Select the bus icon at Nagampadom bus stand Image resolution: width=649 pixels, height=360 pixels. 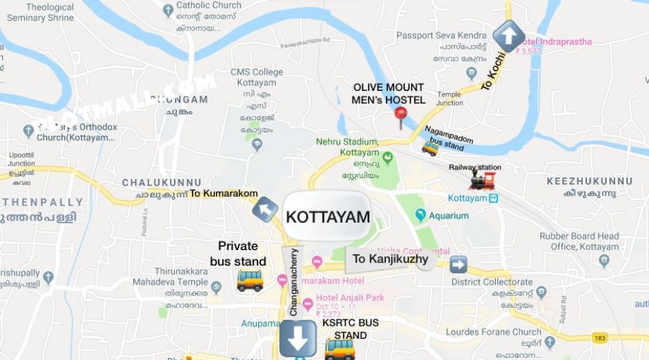(430, 147)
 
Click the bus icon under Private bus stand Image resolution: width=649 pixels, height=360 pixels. (249, 279)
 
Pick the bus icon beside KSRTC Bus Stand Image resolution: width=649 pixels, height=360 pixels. (340, 348)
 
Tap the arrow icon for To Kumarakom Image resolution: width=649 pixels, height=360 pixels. (265, 209)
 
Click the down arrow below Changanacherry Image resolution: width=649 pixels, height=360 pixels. (298, 338)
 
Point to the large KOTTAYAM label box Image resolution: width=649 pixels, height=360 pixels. (327, 217)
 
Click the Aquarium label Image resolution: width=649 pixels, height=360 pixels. (448, 216)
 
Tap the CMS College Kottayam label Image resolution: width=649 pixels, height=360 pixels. (257, 77)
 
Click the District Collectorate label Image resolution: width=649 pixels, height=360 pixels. (492, 281)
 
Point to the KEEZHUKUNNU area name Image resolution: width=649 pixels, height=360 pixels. (590, 181)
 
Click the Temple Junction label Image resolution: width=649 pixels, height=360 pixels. (449, 98)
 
